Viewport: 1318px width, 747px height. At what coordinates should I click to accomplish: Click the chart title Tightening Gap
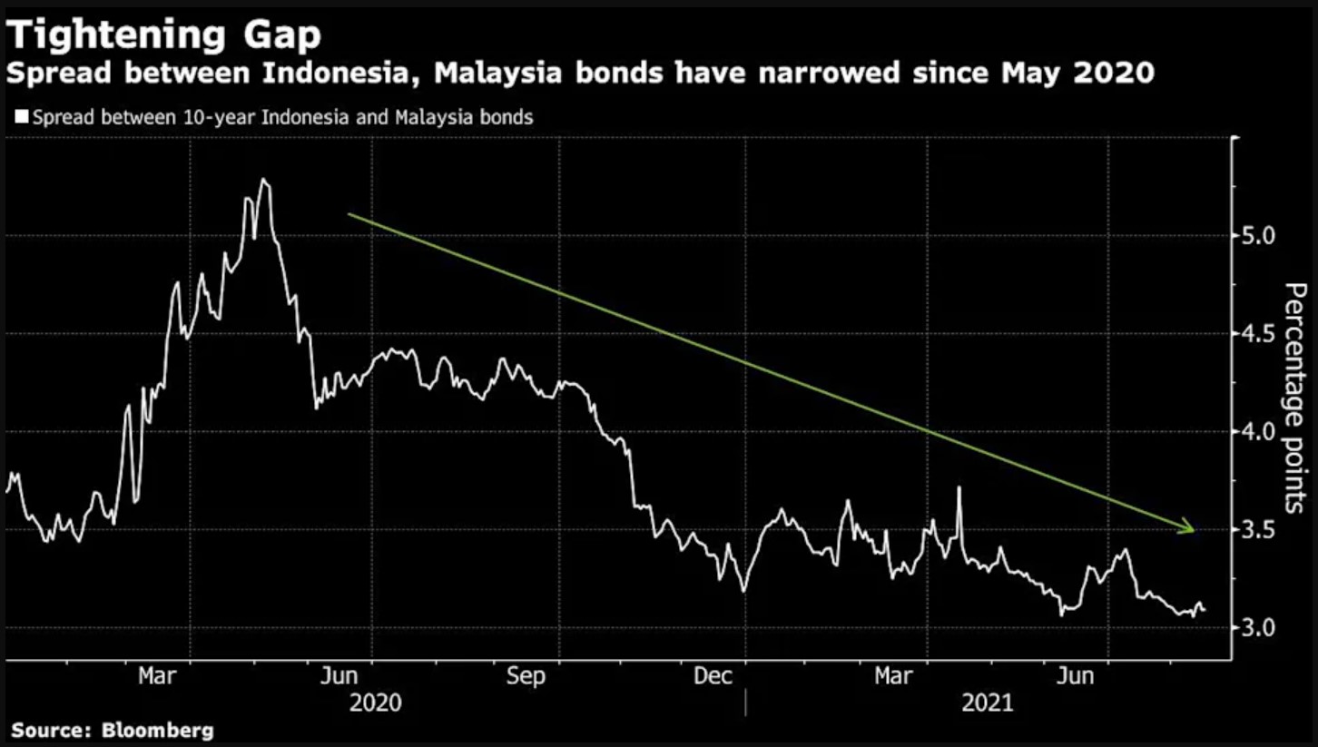click(164, 35)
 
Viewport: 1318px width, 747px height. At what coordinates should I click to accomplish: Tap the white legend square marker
click(22, 117)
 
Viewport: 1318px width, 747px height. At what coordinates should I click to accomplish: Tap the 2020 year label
click(374, 703)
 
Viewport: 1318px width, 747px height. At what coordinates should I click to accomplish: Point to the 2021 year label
click(987, 703)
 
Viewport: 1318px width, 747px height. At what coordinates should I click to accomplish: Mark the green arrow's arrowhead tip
click(1195, 530)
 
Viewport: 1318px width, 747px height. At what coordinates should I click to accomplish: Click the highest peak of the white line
click(262, 179)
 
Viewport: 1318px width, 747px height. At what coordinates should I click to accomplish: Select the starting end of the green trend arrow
click(349, 214)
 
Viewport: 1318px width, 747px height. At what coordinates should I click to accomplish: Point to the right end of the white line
click(1205, 610)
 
